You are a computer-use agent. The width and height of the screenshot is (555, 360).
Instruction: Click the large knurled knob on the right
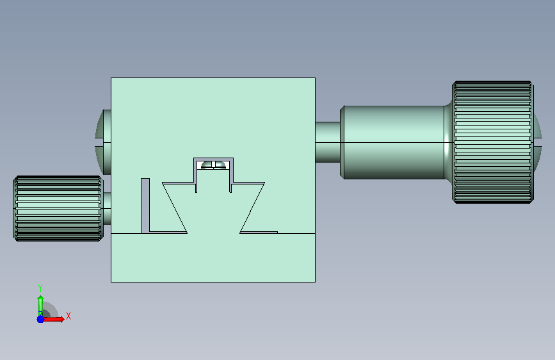[x=493, y=142]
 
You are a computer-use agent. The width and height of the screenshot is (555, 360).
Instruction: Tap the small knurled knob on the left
[x=58, y=208]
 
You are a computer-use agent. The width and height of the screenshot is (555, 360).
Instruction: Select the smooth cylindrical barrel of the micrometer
[x=394, y=142]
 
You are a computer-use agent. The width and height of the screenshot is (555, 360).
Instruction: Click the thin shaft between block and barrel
[x=328, y=142]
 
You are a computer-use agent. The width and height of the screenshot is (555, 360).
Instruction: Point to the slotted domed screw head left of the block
[x=103, y=142]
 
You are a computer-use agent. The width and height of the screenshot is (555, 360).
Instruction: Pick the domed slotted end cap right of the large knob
[x=538, y=137]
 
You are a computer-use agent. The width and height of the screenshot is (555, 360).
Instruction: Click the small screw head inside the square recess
[x=213, y=165]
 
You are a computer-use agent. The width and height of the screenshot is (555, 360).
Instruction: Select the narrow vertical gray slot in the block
[x=145, y=206]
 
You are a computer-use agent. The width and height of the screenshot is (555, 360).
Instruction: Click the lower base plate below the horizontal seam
[x=213, y=258]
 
